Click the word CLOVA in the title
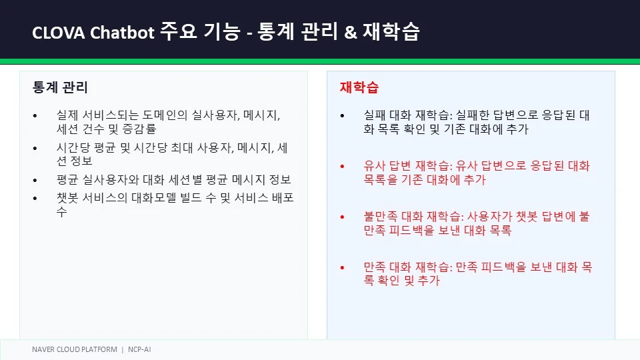click(x=59, y=33)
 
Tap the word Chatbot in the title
click(x=122, y=32)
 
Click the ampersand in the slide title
click(x=350, y=32)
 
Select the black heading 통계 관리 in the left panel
click(x=60, y=87)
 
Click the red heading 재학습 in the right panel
click(x=359, y=87)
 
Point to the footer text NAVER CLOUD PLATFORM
click(x=74, y=349)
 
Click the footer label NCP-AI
click(x=139, y=349)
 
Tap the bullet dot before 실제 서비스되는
click(x=35, y=116)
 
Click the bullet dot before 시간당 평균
click(x=35, y=148)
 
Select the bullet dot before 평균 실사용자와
click(x=35, y=180)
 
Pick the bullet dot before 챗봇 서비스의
click(x=35, y=199)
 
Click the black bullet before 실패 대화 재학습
click(x=342, y=116)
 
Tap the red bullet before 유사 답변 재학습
click(x=342, y=167)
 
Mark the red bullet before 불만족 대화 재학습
click(x=342, y=217)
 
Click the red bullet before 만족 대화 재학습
click(x=342, y=268)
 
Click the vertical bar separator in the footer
click(x=123, y=350)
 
